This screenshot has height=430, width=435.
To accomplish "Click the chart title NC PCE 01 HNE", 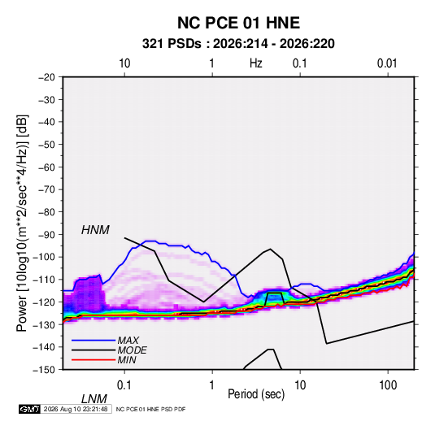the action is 238,23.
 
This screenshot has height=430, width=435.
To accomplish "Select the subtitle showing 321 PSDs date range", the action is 238,44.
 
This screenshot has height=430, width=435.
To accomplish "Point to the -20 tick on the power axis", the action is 46,77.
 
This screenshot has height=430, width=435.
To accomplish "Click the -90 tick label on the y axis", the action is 46,234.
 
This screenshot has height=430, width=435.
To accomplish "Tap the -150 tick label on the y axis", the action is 45,370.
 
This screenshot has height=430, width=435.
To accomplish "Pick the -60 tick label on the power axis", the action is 46,167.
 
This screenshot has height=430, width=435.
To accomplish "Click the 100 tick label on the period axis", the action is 388,385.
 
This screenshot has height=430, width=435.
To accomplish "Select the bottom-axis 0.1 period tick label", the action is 124,385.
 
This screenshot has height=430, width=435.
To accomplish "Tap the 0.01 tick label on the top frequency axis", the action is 387,63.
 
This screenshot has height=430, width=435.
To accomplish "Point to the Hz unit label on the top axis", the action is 256,63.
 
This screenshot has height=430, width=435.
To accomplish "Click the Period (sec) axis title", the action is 256,394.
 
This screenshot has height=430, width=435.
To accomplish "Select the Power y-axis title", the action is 22,223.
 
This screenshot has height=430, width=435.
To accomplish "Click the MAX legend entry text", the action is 128,341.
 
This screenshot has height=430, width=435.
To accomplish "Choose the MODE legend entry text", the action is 132,350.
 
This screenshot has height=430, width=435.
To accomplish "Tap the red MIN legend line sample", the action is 94,360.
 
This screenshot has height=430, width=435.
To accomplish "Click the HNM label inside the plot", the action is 95,230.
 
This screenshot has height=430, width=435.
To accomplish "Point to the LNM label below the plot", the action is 94,399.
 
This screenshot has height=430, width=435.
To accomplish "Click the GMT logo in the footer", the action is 29,409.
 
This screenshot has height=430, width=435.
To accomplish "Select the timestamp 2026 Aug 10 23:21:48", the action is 76,409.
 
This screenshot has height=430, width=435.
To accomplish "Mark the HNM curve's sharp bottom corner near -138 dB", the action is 327,344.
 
